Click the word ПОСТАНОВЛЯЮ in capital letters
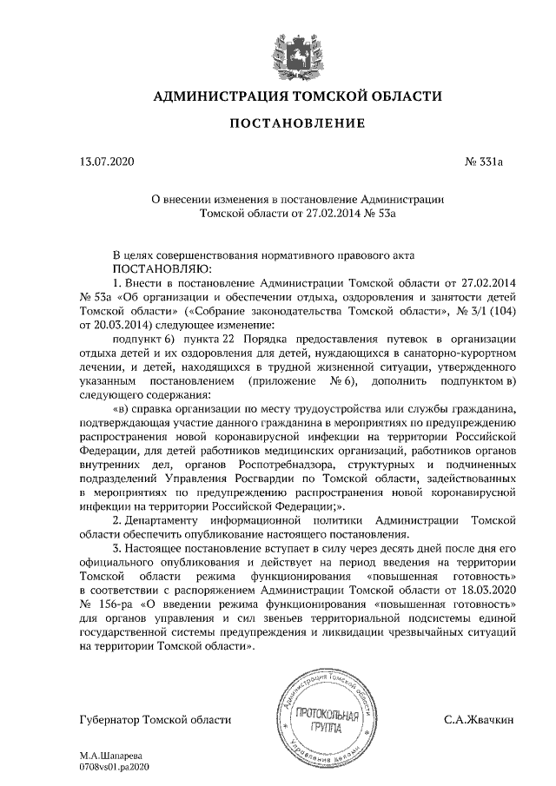pos(162,269)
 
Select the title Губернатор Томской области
pos(156,720)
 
